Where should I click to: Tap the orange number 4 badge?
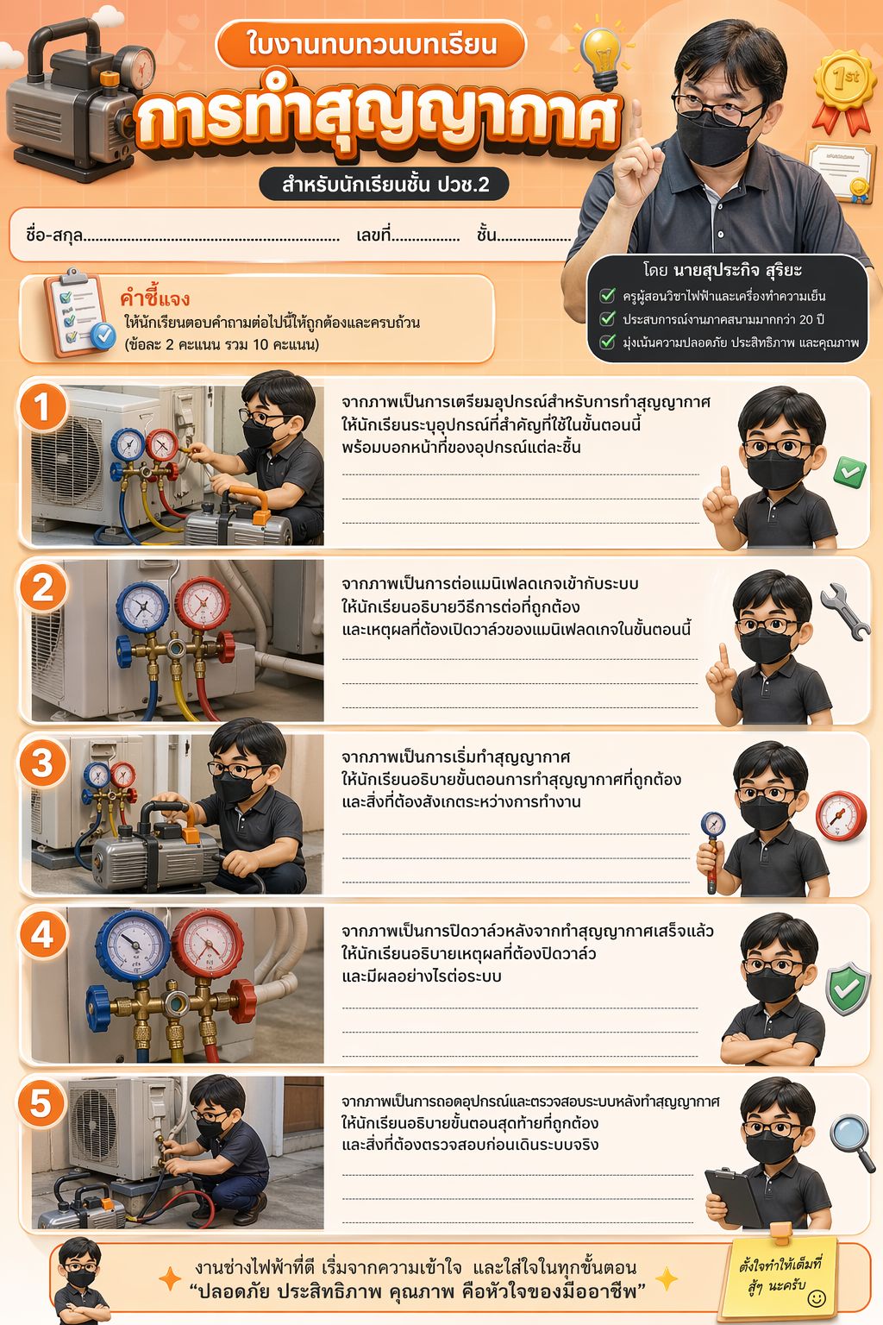click(x=42, y=935)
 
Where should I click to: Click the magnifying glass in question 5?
click(x=853, y=1142)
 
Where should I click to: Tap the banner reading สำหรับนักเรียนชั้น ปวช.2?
click(x=385, y=185)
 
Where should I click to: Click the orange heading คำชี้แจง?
click(x=154, y=298)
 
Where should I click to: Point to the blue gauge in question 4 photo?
click(x=133, y=945)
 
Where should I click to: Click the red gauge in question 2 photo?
click(x=202, y=604)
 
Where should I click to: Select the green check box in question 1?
click(x=850, y=472)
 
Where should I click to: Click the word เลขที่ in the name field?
click(x=373, y=235)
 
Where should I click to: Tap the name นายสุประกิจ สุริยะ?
click(x=737, y=270)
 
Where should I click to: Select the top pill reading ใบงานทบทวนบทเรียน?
click(x=371, y=45)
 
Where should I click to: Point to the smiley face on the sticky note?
click(x=816, y=1297)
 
